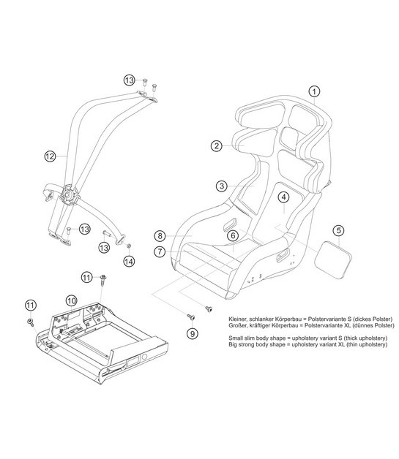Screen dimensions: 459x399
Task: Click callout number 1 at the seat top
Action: click(313, 92)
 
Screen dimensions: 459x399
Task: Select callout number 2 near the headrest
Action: click(216, 145)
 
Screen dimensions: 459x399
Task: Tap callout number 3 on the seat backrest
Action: click(220, 186)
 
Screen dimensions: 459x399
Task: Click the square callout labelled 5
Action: click(338, 230)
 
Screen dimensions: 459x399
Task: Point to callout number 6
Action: click(231, 235)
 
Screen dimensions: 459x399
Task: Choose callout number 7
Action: click(159, 251)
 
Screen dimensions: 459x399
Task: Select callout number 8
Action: click(159, 235)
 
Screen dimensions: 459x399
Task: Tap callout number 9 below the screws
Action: click(193, 333)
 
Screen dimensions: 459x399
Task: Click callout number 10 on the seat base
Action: click(71, 300)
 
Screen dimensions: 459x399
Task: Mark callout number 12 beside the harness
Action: click(50, 156)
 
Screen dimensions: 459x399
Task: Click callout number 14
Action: click(129, 261)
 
